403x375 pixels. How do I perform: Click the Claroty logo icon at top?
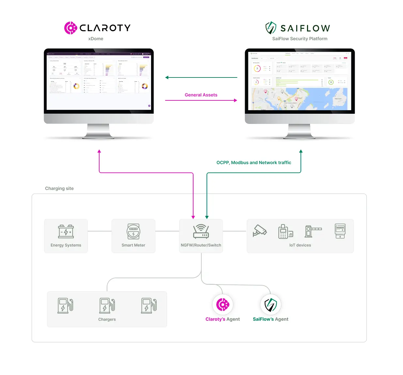click(70, 28)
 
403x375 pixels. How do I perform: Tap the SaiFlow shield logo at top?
click(271, 28)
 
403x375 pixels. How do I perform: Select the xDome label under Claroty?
click(96, 39)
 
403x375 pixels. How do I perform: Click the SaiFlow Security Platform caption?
click(300, 39)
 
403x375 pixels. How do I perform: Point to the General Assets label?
click(201, 95)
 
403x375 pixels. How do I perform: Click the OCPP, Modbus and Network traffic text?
click(254, 162)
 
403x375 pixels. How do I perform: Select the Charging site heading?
click(59, 188)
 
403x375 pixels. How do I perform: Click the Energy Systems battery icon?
click(66, 231)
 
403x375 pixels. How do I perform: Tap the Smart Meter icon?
click(133, 231)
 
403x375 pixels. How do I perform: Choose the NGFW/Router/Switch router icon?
click(201, 231)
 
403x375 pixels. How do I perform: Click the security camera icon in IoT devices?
click(260, 230)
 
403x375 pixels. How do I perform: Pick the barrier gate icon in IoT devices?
click(313, 231)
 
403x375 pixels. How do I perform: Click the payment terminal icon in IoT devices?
click(285, 231)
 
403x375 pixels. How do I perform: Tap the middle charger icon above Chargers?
click(107, 306)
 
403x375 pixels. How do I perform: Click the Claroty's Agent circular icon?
click(223, 305)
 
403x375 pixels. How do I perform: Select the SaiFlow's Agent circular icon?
click(271, 305)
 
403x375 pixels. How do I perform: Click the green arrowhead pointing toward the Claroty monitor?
click(167, 77)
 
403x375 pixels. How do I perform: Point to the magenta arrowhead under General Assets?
click(235, 100)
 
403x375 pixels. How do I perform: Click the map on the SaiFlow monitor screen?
click(299, 99)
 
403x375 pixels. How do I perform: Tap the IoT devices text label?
click(300, 245)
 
